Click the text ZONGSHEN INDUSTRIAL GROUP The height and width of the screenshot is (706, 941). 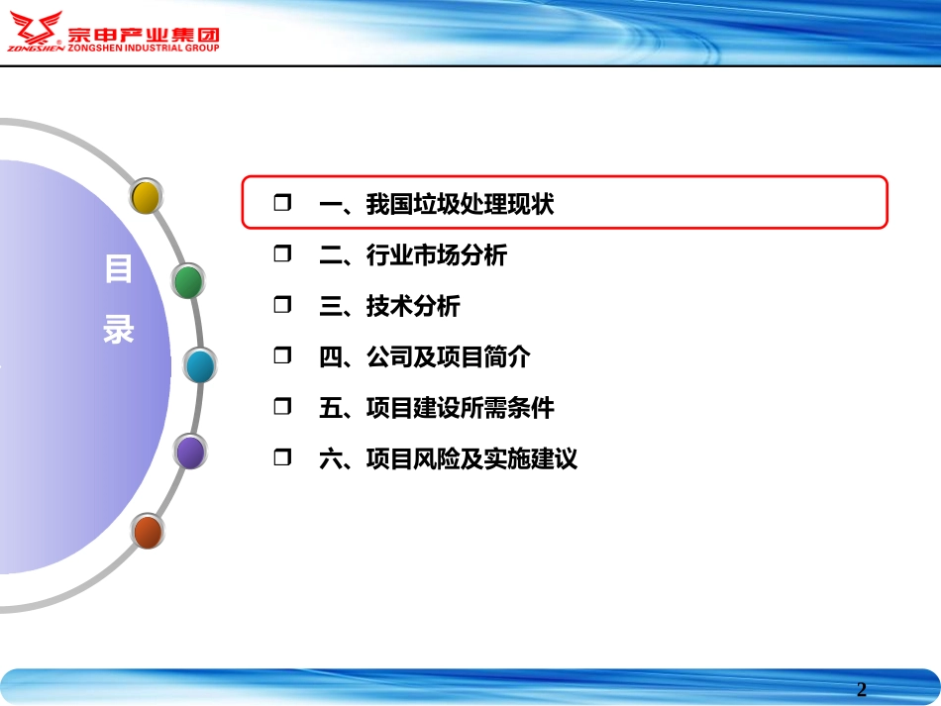tap(145, 47)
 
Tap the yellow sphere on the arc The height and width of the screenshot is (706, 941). tap(146, 197)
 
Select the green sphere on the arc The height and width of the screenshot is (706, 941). tap(188, 281)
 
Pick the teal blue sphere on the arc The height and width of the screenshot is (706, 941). tap(200, 366)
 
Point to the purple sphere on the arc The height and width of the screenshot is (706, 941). tap(190, 452)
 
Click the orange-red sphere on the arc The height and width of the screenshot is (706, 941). tap(148, 532)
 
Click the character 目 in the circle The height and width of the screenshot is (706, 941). tap(119, 269)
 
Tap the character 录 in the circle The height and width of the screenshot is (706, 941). tap(119, 329)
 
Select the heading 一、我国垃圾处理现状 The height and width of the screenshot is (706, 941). tap(436, 204)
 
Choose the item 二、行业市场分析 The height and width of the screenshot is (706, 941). tap(412, 255)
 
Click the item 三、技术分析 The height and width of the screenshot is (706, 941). tap(389, 306)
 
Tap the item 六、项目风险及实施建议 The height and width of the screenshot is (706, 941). tap(448, 458)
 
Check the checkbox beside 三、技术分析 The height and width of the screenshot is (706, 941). tap(282, 305)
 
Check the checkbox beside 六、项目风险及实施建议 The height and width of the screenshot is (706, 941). tap(282, 457)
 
